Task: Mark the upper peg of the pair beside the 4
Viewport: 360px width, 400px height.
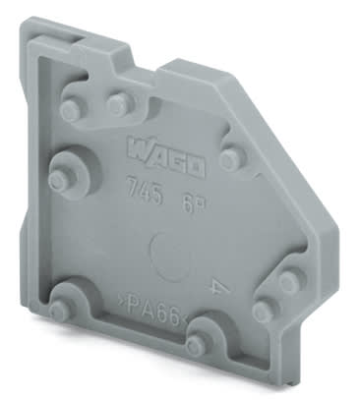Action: pos(287,282)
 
